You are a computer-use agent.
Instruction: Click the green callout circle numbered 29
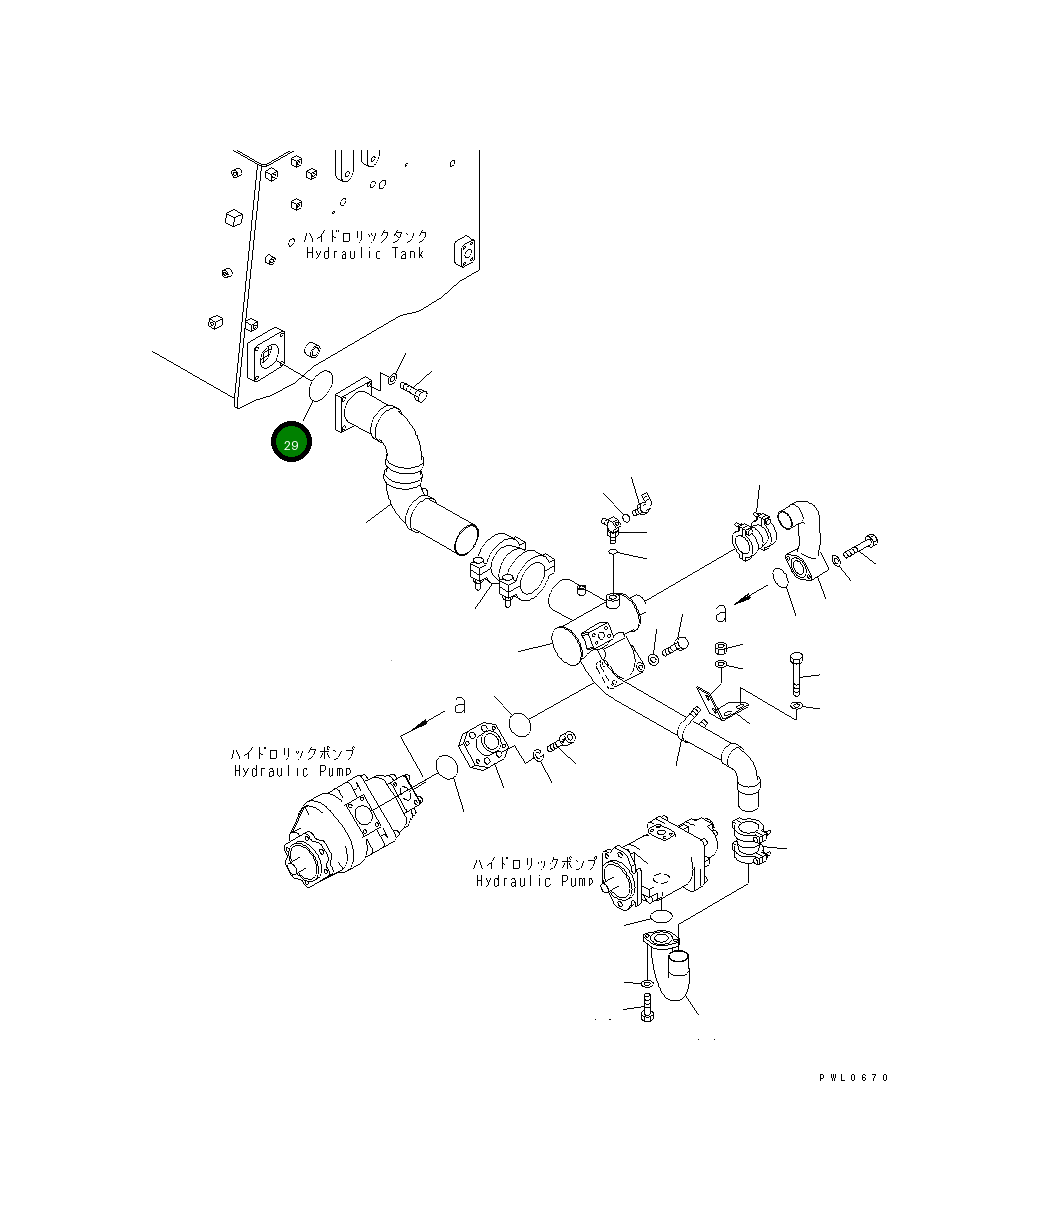(291, 444)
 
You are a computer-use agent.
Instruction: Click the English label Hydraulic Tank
(365, 254)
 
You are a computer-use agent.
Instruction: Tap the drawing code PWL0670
(853, 1077)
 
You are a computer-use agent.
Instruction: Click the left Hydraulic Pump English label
(294, 771)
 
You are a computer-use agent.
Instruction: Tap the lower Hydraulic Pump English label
(535, 881)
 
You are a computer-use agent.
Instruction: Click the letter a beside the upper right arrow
(721, 612)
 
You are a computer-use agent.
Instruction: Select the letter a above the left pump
(459, 704)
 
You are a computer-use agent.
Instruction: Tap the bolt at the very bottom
(645, 1014)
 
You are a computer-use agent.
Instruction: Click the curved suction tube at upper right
(803, 533)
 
